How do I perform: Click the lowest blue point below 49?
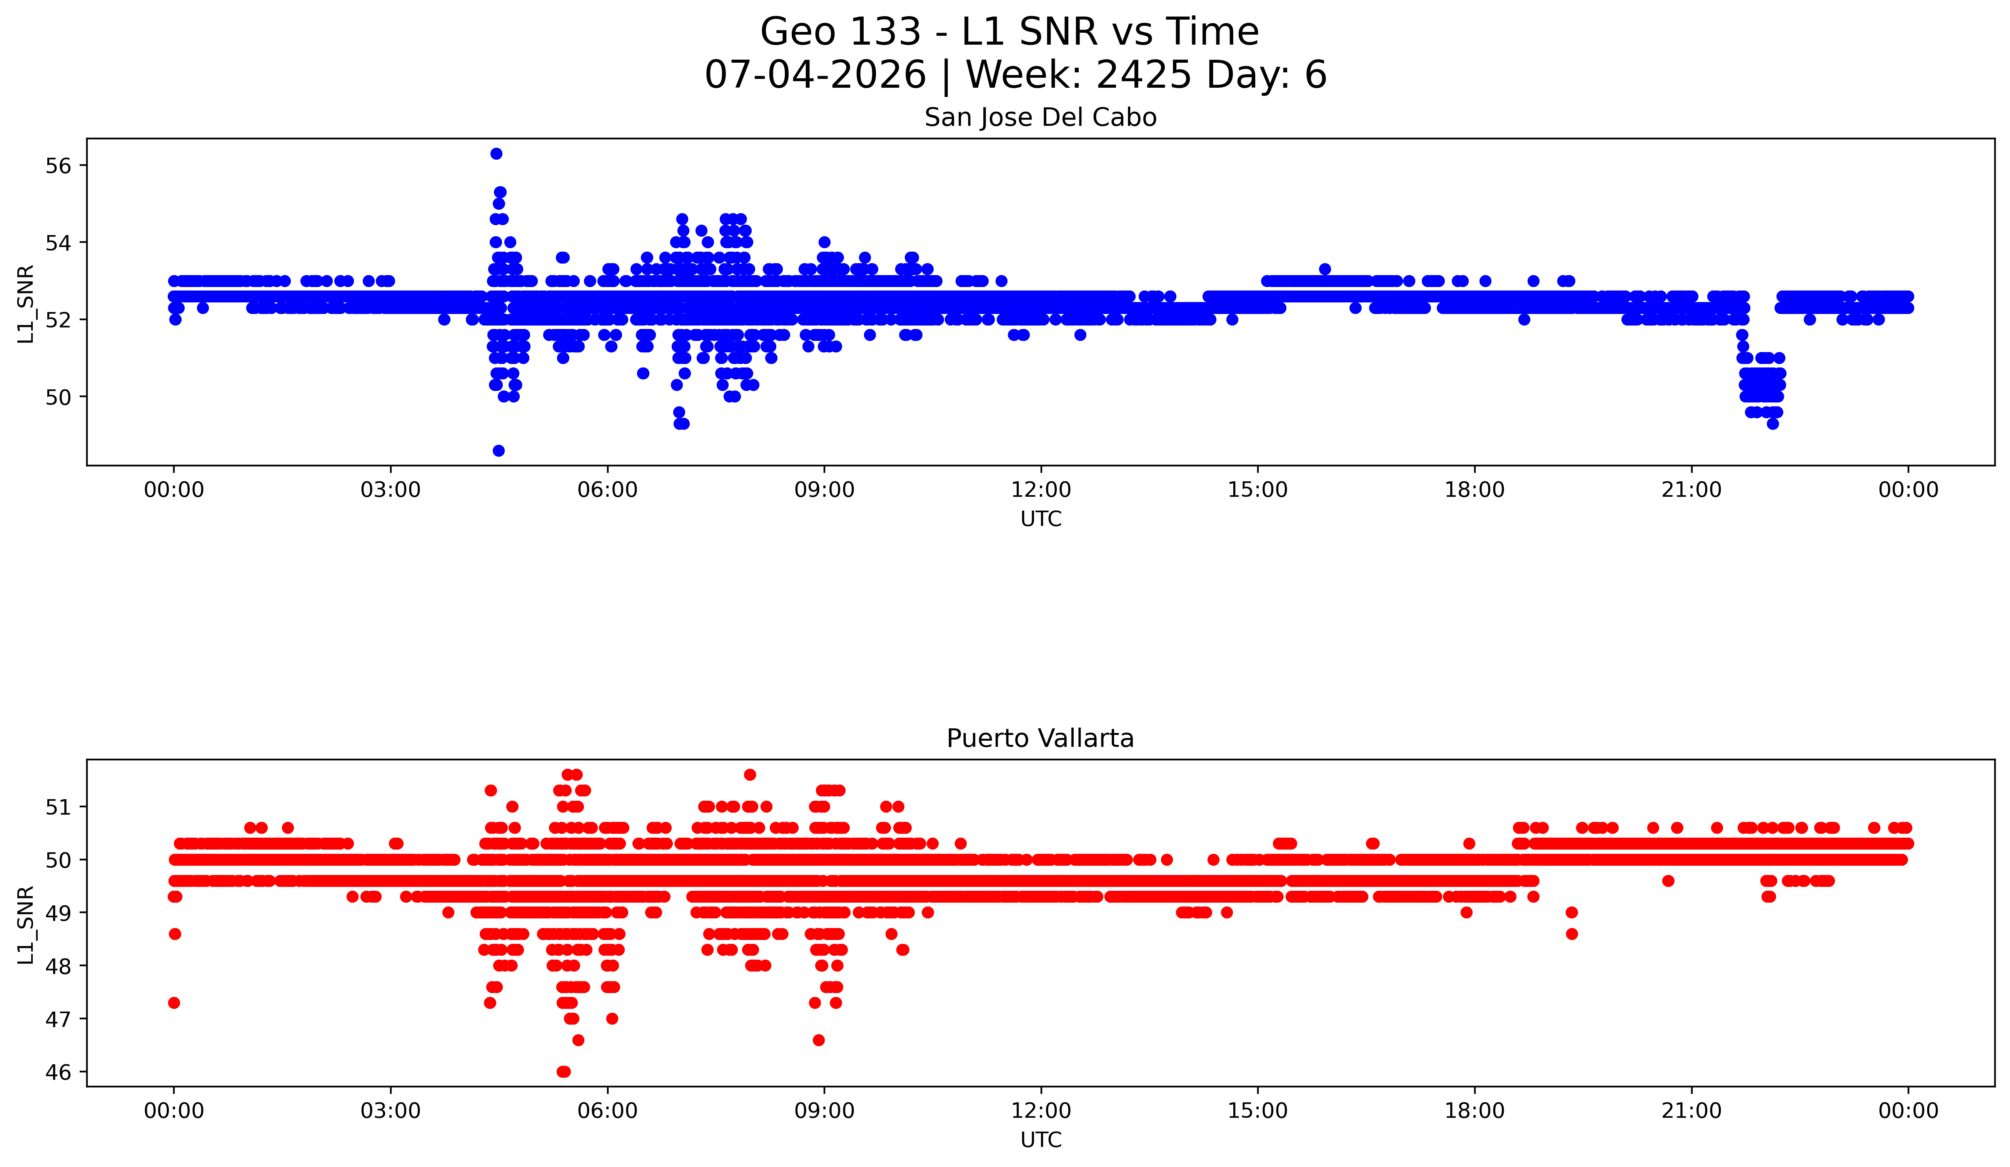coord(499,451)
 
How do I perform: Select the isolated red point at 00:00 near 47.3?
coord(174,1003)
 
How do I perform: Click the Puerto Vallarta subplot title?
coord(1040,739)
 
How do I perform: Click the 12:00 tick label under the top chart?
coord(1041,490)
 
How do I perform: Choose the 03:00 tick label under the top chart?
coord(391,490)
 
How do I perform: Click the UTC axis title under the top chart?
coord(1041,519)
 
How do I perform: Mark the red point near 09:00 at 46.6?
coord(818,1040)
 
